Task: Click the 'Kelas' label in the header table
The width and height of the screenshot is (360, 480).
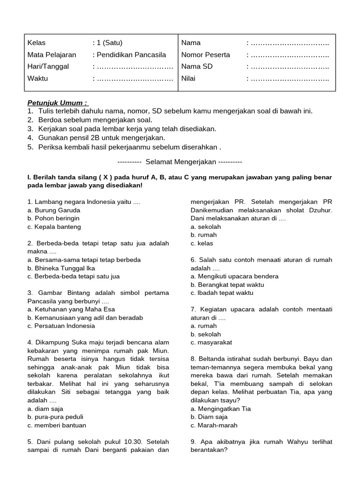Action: click(37, 43)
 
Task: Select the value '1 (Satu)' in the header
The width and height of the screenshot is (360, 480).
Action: click(110, 43)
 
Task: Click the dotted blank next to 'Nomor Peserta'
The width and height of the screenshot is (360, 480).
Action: click(289, 55)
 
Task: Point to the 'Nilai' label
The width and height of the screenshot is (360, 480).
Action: click(188, 78)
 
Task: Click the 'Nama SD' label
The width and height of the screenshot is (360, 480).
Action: click(197, 67)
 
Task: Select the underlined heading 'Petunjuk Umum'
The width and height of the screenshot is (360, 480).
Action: click(57, 103)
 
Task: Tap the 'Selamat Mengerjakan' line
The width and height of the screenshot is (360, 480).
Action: click(180, 162)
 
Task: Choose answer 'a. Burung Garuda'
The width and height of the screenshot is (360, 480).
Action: click(54, 210)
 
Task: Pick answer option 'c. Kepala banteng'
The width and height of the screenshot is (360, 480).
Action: click(54, 227)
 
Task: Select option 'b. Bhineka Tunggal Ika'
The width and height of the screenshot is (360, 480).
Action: click(61, 268)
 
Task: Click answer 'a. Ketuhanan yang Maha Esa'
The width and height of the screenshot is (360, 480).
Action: click(71, 309)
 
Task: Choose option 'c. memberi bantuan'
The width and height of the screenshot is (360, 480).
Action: click(57, 425)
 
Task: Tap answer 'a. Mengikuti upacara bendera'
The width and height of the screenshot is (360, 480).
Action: click(234, 276)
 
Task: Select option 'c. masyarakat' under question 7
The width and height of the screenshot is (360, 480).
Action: click(211, 342)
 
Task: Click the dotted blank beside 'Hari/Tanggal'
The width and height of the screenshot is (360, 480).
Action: click(135, 67)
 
